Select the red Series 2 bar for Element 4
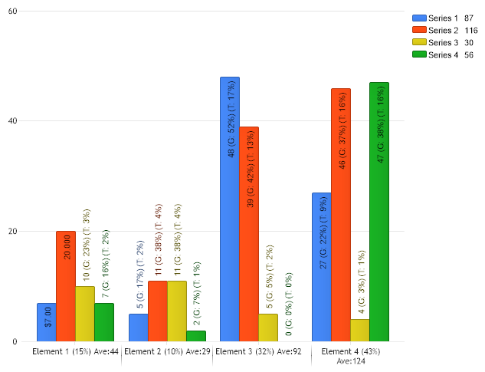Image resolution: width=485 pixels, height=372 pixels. click(x=341, y=215)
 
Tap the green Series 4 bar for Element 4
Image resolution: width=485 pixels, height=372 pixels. click(x=379, y=212)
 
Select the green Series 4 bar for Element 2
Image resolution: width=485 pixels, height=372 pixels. click(x=195, y=336)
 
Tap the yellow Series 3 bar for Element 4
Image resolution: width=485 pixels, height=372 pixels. click(x=360, y=331)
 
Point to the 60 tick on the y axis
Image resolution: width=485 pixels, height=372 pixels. click(x=13, y=11)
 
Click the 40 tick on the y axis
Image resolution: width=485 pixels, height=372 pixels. click(x=13, y=121)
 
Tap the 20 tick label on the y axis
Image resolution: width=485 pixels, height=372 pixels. click(x=13, y=232)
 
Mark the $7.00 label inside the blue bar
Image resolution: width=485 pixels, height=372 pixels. click(x=48, y=317)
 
